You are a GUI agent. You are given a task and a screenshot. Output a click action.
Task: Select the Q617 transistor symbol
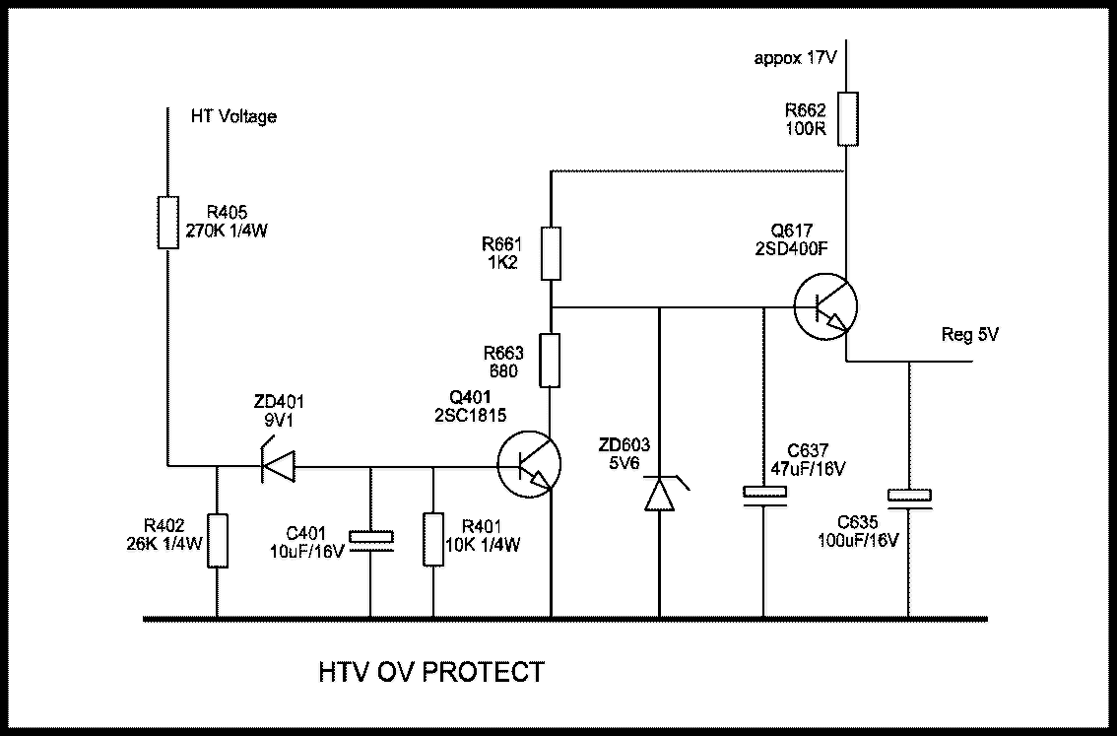(825, 306)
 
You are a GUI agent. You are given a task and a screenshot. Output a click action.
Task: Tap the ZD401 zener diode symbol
(278, 464)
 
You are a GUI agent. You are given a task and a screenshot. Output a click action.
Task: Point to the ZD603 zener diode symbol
(659, 493)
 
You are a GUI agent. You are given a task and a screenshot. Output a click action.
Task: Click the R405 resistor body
(168, 222)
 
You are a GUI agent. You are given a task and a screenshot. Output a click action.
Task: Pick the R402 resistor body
(217, 540)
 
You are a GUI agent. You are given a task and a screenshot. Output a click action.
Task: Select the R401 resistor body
(433, 540)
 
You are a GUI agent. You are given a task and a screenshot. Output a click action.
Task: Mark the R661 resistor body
(552, 252)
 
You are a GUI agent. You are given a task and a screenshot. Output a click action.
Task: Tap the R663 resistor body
(552, 360)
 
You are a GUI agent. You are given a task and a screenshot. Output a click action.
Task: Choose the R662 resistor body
(846, 119)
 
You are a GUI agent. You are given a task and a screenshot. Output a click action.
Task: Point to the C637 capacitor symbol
(764, 495)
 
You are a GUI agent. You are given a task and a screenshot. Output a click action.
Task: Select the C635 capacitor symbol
(910, 501)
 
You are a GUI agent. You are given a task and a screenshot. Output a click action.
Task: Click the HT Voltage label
(233, 116)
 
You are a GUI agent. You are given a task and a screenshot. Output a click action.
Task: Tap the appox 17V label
(795, 58)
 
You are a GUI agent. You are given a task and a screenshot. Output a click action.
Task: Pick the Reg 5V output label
(970, 335)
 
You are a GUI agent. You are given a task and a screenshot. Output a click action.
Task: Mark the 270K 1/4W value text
(228, 232)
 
